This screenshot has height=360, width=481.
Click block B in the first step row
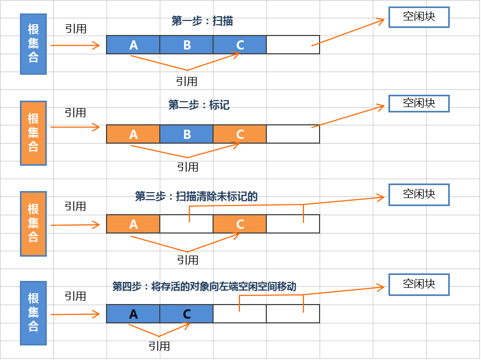point(187,45)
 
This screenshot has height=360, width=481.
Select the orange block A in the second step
point(133,135)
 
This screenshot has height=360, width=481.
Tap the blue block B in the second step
point(187,135)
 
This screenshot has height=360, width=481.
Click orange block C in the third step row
point(240,224)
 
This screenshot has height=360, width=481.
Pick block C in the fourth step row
point(187,314)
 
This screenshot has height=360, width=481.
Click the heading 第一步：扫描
point(202,21)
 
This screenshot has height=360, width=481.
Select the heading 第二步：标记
point(199,105)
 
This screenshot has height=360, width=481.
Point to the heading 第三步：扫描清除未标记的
point(196,196)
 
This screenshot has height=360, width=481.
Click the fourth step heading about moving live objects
point(204,286)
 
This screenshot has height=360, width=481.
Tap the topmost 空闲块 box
point(419,17)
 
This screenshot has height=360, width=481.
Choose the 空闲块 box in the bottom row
point(419,284)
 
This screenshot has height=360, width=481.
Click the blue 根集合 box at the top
point(33,44)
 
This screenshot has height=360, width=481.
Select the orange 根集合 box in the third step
point(33,223)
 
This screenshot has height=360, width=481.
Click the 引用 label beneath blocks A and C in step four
point(159,346)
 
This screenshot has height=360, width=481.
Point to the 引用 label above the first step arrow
point(75,29)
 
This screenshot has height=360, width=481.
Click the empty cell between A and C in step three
point(187,224)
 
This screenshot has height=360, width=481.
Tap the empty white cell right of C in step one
point(293,45)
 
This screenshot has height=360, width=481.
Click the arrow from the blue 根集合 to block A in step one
point(75,46)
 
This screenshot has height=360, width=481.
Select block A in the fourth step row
point(133,314)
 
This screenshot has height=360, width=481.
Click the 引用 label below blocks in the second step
point(187,167)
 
